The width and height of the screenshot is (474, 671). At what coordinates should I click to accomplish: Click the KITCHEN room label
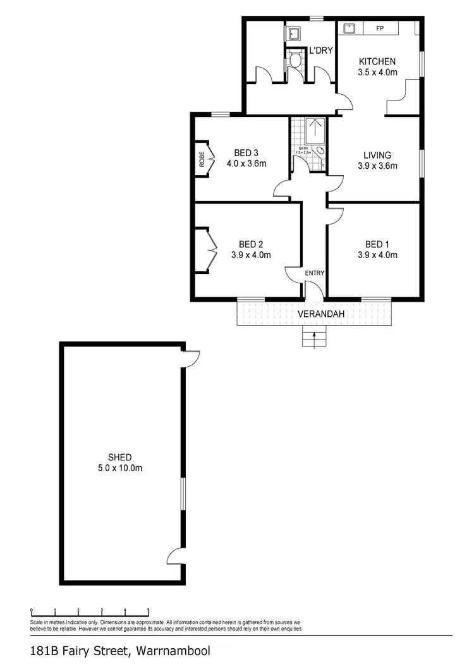(x=377, y=61)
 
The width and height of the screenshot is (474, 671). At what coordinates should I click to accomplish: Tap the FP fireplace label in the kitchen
(x=380, y=28)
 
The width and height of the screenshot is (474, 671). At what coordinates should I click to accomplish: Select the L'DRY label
(x=320, y=51)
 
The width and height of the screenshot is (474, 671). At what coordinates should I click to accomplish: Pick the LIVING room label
(x=377, y=155)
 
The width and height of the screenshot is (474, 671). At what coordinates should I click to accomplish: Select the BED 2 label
(x=251, y=245)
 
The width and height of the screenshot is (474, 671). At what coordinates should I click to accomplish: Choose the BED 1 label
(x=377, y=245)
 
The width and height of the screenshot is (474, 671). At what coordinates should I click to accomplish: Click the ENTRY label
(x=314, y=273)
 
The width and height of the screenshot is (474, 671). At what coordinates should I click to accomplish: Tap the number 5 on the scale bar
(x=149, y=611)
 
